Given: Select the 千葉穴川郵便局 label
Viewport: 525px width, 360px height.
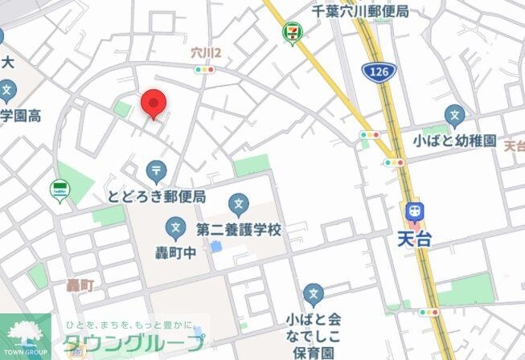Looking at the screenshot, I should click(x=361, y=11).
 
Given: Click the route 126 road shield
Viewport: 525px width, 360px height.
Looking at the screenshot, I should click(x=376, y=72).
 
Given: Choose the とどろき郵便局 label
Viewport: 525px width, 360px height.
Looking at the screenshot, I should click(x=157, y=196).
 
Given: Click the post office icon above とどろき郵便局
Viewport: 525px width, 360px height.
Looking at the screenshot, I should click(x=156, y=171).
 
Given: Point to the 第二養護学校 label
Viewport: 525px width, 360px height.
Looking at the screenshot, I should click(x=239, y=230).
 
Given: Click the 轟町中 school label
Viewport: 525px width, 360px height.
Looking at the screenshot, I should click(x=175, y=252).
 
